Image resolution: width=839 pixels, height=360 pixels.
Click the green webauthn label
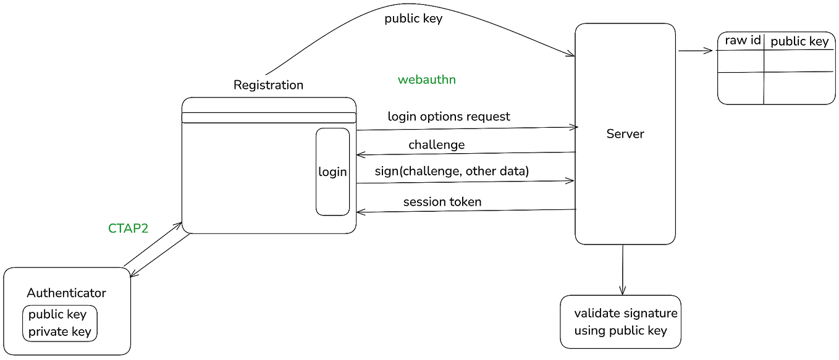coord(426,80)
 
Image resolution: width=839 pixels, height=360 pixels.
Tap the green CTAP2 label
coord(129,228)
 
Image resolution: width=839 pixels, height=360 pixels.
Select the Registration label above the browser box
coord(268,85)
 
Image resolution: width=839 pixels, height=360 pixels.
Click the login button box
coord(333,172)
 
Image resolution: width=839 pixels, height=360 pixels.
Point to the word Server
coord(625,134)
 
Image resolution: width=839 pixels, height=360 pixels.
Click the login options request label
coord(449,117)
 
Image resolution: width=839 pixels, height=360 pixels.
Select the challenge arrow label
coord(436,145)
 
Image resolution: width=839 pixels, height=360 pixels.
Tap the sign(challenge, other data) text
coord(452,172)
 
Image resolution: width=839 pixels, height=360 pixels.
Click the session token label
coord(442,202)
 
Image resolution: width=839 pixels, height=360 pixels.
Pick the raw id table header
coord(743,41)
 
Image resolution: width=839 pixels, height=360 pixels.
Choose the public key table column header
coord(799,41)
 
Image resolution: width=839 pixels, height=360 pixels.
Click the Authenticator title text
coord(66,293)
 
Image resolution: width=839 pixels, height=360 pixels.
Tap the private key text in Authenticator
coord(60,332)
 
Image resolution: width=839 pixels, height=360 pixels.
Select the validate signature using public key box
coord(622,322)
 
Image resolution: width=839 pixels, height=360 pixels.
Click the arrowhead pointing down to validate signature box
coord(622,291)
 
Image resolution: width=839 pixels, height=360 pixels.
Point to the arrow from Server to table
coord(696,51)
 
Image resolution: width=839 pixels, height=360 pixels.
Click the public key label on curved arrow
coord(413,19)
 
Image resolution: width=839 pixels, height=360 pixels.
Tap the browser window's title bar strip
coord(269,118)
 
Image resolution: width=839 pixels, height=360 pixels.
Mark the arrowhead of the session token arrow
coord(360,212)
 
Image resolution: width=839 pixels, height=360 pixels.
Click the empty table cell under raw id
coord(741,61)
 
